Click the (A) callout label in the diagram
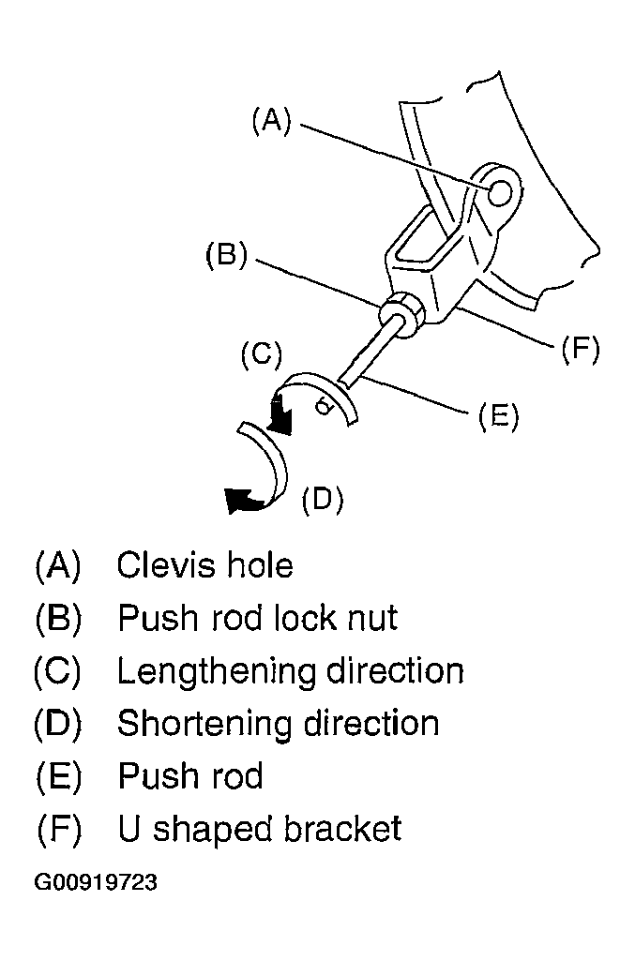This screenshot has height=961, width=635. (x=271, y=120)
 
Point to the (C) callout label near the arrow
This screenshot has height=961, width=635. (x=262, y=354)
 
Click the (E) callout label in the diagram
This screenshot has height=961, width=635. (x=498, y=416)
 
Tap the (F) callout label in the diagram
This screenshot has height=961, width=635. (x=580, y=350)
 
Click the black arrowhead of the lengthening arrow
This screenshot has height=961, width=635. (x=280, y=415)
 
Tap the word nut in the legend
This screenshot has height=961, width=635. (x=373, y=618)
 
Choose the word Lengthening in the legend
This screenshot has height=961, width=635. (x=216, y=672)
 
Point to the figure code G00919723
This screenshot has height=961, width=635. (x=96, y=882)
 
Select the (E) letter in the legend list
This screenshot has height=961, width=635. (x=59, y=777)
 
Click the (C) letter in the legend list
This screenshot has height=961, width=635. (x=57, y=671)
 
